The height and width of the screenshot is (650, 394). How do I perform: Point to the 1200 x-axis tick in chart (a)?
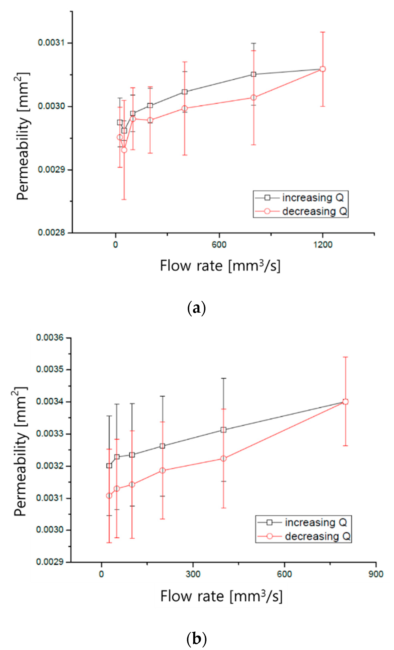(x=323, y=245)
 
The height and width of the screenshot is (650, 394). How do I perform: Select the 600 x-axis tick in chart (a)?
(x=219, y=245)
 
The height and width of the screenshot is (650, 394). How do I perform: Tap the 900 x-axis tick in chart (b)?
(x=376, y=574)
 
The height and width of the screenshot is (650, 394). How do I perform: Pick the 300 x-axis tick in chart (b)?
(x=193, y=574)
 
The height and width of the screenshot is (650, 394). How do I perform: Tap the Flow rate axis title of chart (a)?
(x=220, y=266)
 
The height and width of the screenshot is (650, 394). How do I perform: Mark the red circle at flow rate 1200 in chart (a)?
(x=322, y=69)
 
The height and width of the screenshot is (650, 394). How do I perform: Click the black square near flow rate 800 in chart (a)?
(x=253, y=74)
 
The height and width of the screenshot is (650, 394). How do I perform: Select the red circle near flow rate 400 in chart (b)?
(x=223, y=459)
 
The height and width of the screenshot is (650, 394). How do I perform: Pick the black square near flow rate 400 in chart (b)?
(x=223, y=430)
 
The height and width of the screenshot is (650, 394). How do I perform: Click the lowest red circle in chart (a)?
(x=124, y=150)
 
